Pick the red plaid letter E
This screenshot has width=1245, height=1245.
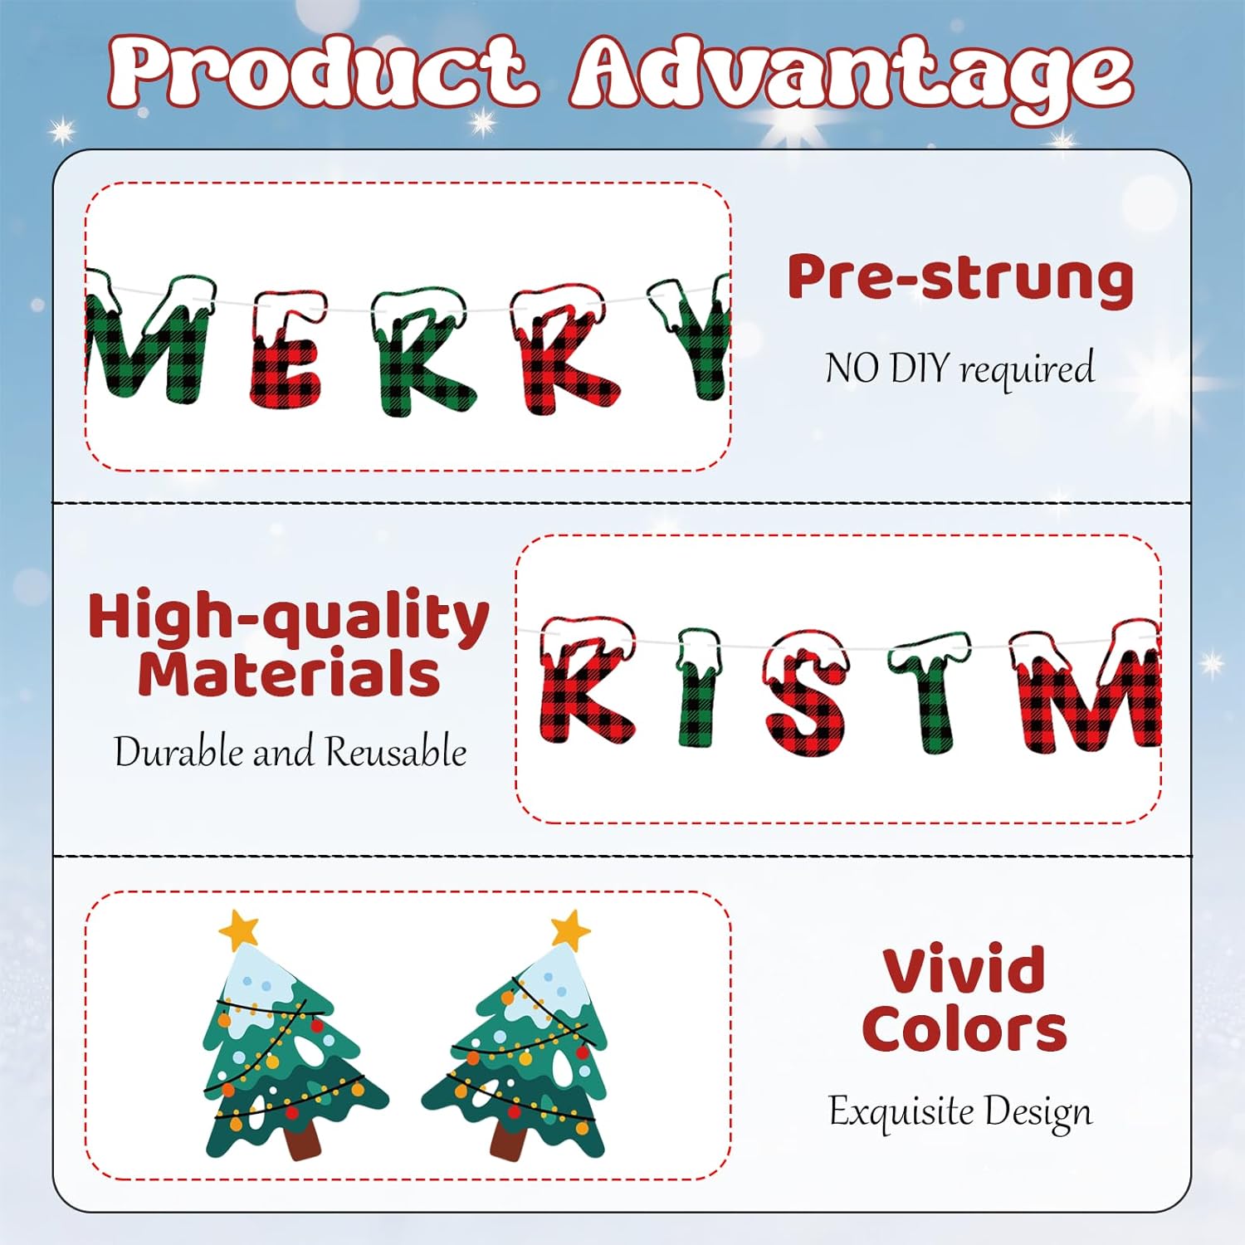pyautogui.click(x=286, y=353)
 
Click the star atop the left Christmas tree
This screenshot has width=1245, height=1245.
pyautogui.click(x=239, y=930)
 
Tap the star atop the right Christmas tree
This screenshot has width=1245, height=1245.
pyautogui.click(x=570, y=929)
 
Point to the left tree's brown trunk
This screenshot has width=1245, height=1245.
pyautogui.click(x=302, y=1141)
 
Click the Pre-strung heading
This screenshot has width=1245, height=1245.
pyautogui.click(x=960, y=278)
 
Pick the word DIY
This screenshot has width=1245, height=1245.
pyautogui.click(x=920, y=368)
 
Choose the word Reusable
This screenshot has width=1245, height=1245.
pyautogui.click(x=396, y=752)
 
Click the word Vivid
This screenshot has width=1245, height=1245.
pyautogui.click(x=963, y=969)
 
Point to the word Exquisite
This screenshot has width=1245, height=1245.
pyautogui.click(x=901, y=1111)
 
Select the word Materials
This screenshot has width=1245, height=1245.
pyautogui.click(x=289, y=673)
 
